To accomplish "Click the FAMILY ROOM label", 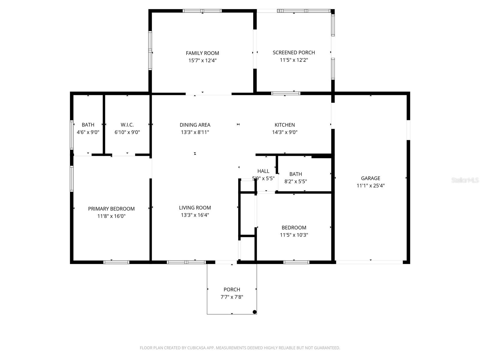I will pos(202,53).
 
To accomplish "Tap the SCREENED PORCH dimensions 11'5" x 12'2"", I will pos(294,60).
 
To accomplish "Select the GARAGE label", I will pos(370,178).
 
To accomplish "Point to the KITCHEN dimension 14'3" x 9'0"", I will pos(285,132).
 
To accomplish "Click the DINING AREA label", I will pos(195,125).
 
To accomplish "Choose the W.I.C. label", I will pos(127,125).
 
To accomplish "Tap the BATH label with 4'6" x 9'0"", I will pos(88,125).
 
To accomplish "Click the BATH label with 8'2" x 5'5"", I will pos(295,174).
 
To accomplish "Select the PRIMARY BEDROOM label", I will pos(111,209).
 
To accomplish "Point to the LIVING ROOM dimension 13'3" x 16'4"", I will pos(195,215).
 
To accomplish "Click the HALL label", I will pos(263,171).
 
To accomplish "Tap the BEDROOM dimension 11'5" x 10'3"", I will pos(294,235).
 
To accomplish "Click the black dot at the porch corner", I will pos(255,312).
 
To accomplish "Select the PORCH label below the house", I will pos(232,289).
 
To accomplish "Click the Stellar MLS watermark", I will pos(465,180).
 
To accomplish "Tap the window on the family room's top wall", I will pos(202,11).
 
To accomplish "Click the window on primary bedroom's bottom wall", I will pos(116,262).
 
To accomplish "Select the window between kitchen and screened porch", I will pos(286,93).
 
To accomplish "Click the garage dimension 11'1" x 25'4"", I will pos(370,186).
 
